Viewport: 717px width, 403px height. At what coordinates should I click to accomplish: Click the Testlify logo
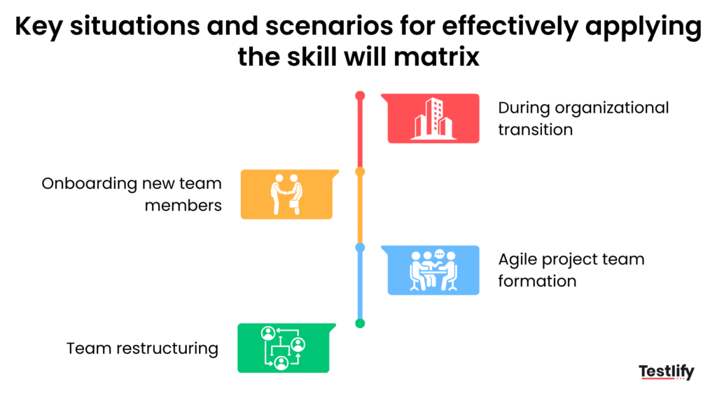(x=666, y=372)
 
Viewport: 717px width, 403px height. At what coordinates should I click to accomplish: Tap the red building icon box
(x=433, y=118)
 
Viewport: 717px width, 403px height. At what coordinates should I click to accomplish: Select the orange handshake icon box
(x=286, y=195)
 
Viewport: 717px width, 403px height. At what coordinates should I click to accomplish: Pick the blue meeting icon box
(x=433, y=269)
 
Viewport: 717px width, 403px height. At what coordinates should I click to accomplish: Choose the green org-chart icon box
(x=283, y=348)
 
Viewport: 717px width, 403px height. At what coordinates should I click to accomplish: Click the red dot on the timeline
(x=360, y=95)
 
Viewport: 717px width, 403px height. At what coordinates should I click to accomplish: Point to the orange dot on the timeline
(x=360, y=171)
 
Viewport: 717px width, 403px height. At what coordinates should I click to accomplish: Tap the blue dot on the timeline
(x=360, y=247)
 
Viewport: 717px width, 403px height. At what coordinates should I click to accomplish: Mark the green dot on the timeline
(x=360, y=323)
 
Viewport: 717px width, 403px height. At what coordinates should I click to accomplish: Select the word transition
(x=535, y=129)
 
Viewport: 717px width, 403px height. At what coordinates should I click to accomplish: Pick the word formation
(x=537, y=281)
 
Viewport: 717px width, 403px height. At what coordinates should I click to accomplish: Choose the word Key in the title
(x=38, y=27)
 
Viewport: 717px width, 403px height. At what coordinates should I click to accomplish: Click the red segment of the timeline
(x=360, y=133)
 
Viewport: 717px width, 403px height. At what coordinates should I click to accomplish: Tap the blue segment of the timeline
(x=360, y=285)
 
